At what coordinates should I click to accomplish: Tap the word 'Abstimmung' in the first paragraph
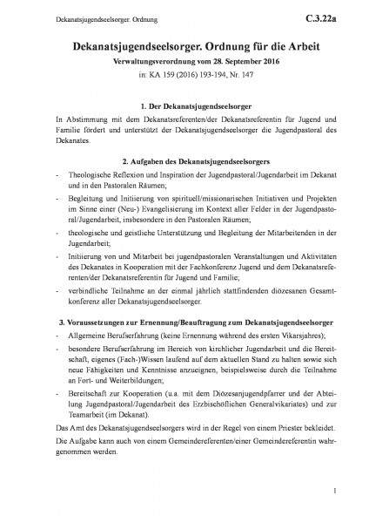[x=70, y=118]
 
